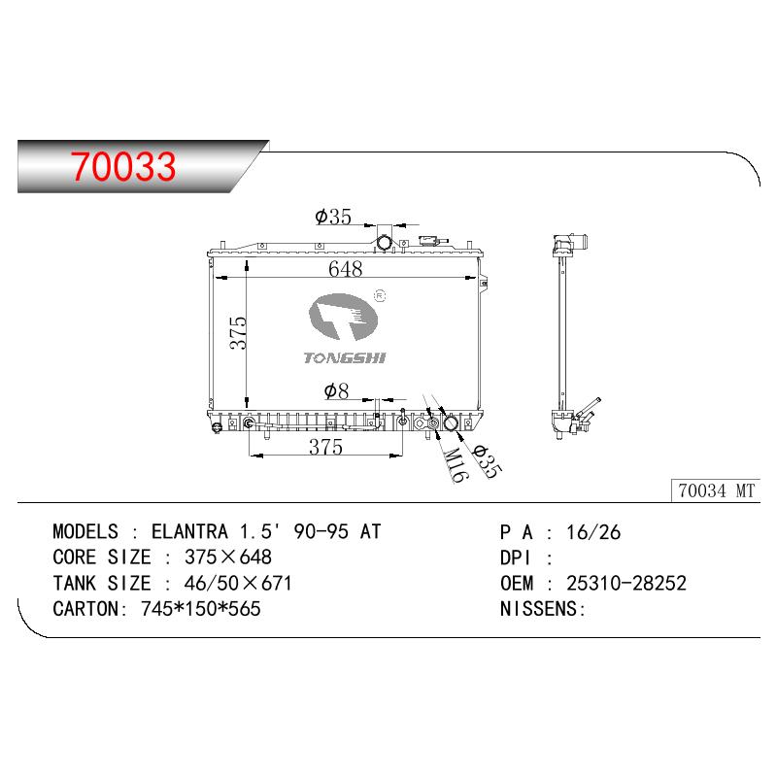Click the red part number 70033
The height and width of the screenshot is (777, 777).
[123, 166]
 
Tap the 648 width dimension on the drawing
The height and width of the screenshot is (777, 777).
[346, 269]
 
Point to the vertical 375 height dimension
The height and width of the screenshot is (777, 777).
[238, 332]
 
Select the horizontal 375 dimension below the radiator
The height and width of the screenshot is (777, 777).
[325, 447]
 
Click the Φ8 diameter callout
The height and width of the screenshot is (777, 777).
[336, 391]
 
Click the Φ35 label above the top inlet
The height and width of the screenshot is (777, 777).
[333, 217]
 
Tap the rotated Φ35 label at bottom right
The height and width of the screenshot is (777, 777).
[486, 460]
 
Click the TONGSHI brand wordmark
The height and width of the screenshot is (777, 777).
[345, 357]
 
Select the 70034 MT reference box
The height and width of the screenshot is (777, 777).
[716, 490]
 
